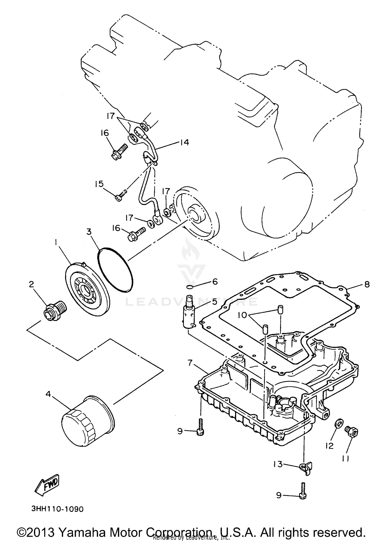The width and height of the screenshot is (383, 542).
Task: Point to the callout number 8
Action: click(x=367, y=284)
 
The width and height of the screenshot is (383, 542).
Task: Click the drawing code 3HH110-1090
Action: click(x=57, y=509)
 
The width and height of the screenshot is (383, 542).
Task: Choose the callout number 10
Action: click(x=244, y=315)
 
